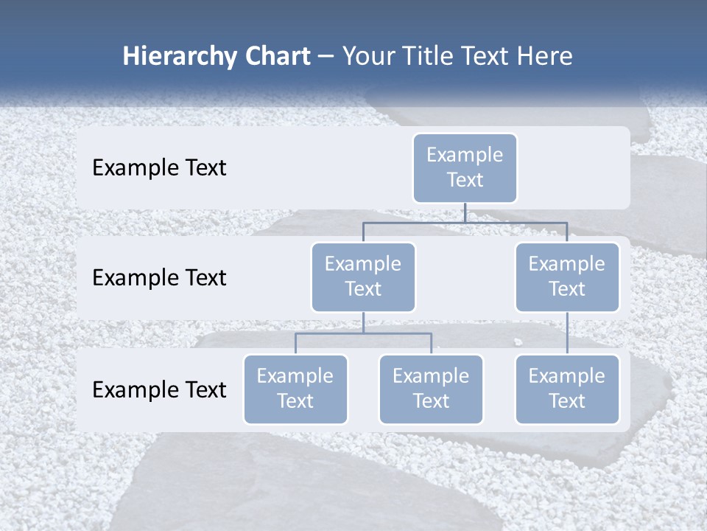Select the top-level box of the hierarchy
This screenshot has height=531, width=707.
(465, 167)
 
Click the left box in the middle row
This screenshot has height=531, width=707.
(363, 277)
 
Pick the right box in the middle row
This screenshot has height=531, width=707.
(566, 277)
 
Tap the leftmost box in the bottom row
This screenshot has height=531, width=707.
(295, 389)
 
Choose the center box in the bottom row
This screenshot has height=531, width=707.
(431, 389)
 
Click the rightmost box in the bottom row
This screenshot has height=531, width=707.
(566, 389)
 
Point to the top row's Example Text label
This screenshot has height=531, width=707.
(159, 168)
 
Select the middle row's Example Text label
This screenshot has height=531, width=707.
(159, 278)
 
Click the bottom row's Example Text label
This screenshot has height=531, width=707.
(159, 389)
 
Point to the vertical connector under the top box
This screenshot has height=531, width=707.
(465, 212)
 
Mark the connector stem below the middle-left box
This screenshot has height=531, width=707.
(363, 323)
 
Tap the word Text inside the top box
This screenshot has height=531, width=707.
(465, 180)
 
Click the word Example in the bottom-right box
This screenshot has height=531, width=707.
(566, 376)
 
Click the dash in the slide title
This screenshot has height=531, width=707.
(326, 57)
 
